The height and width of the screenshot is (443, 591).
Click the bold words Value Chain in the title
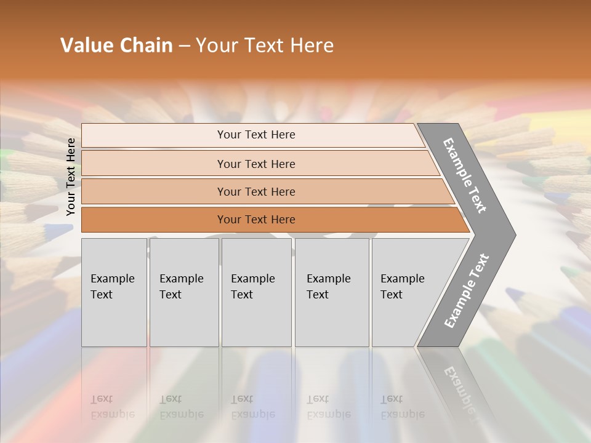pyautogui.click(x=116, y=46)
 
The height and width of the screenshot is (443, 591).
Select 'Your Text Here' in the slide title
pyautogui.click(x=265, y=46)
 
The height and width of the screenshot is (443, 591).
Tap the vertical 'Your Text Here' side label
pyautogui.click(x=71, y=177)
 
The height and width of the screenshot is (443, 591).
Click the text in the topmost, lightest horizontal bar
pyautogui.click(x=256, y=135)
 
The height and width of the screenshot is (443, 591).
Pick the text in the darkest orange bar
pyautogui.click(x=256, y=220)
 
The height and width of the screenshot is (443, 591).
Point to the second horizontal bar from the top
pyautogui.click(x=256, y=164)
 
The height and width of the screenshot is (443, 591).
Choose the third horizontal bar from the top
pyautogui.click(x=256, y=191)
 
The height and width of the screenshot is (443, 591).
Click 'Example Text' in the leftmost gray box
pyautogui.click(x=112, y=286)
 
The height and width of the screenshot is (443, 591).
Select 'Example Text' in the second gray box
pyautogui.click(x=181, y=286)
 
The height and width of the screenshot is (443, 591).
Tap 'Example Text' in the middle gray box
pyautogui.click(x=252, y=286)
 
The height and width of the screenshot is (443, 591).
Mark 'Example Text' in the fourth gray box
pyautogui.click(x=328, y=286)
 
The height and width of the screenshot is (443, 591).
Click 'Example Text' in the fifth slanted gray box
pyautogui.click(x=402, y=286)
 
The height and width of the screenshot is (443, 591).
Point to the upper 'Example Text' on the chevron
pyautogui.click(x=465, y=175)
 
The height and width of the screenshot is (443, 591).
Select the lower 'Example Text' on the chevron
pyautogui.click(x=467, y=291)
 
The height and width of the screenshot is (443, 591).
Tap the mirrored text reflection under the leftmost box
pyautogui.click(x=112, y=407)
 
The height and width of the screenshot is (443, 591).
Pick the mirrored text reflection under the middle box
pyautogui.click(x=252, y=407)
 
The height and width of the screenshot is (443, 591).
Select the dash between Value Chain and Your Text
pyautogui.click(x=184, y=46)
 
